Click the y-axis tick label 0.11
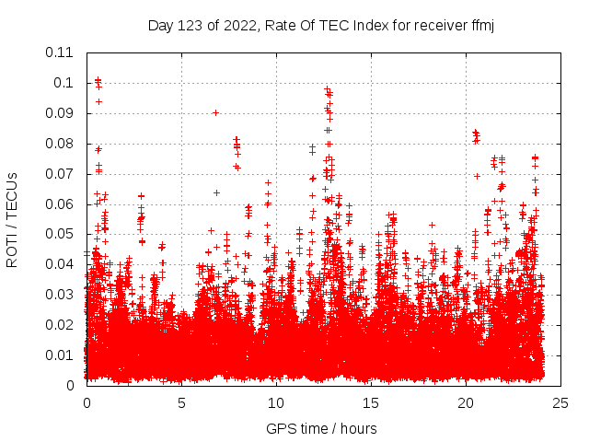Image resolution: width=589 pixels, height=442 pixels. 61,52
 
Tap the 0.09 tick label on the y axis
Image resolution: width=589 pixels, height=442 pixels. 61,112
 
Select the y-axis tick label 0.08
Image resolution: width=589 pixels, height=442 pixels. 61,143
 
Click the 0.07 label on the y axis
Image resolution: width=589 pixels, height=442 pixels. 61,173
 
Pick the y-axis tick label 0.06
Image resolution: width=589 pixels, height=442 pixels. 61,204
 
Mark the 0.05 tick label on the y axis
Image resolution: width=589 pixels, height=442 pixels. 61,234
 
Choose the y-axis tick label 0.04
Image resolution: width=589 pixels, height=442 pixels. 61,264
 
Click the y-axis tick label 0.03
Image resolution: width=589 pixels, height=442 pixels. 61,295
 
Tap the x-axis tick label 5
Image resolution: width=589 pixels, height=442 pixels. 181,402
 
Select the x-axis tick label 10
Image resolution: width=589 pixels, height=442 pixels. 276,402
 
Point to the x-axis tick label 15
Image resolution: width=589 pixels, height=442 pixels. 371,402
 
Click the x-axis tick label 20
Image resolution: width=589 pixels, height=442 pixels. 466,402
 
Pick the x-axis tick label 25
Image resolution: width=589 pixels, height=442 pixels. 560,402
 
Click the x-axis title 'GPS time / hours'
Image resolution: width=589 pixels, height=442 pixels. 321,428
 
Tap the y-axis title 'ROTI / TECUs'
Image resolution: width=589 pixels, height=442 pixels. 12,219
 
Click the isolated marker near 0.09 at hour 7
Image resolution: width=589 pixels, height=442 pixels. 215,112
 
